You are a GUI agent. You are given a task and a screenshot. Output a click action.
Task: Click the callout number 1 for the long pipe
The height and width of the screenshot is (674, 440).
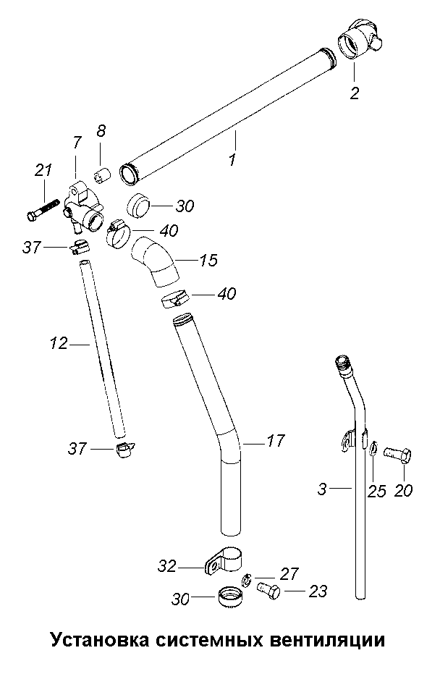pos(232,159)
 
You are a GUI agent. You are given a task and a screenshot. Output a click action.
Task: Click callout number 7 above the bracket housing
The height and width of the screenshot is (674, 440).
pos(77,143)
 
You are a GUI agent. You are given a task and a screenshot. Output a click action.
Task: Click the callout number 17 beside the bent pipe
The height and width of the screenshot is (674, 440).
pos(275,439)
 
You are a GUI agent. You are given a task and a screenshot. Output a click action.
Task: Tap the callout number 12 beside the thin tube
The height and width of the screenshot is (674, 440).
pos(59,344)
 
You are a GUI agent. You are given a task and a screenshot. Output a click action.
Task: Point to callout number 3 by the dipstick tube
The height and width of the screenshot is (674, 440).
pos(323,489)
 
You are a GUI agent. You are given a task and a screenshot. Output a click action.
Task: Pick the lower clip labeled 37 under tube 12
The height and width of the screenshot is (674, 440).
pos(125,451)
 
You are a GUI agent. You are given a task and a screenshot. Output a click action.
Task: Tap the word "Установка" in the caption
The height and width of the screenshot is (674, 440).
pos(93,641)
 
